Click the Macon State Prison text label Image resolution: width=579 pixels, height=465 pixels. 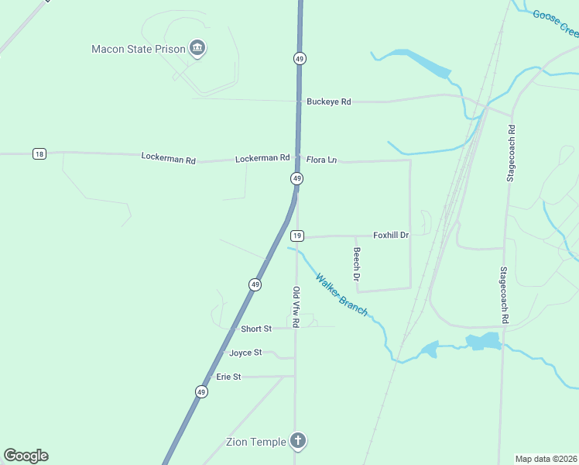(x=139, y=49)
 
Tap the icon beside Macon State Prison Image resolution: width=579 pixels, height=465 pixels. (x=198, y=49)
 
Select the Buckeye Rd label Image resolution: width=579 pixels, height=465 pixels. (x=328, y=102)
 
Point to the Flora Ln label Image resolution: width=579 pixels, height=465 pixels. (x=321, y=160)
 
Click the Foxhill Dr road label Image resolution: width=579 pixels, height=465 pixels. (x=390, y=235)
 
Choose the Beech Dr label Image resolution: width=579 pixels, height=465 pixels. (x=357, y=263)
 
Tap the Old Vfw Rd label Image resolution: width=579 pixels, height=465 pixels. (x=296, y=306)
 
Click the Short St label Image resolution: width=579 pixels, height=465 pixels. (x=256, y=329)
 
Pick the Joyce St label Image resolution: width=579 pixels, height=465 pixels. (x=245, y=353)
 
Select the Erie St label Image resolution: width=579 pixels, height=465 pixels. (x=228, y=377)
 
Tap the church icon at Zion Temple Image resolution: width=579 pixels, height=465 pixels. (x=297, y=442)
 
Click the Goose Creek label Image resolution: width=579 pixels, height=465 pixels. (x=556, y=23)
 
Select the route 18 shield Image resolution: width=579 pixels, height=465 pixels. (x=39, y=153)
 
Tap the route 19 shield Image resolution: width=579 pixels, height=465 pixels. (x=296, y=236)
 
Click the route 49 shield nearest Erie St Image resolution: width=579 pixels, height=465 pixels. (x=201, y=392)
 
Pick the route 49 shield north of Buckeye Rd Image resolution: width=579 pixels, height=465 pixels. (x=299, y=58)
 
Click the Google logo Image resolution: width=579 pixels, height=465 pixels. (x=26, y=456)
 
